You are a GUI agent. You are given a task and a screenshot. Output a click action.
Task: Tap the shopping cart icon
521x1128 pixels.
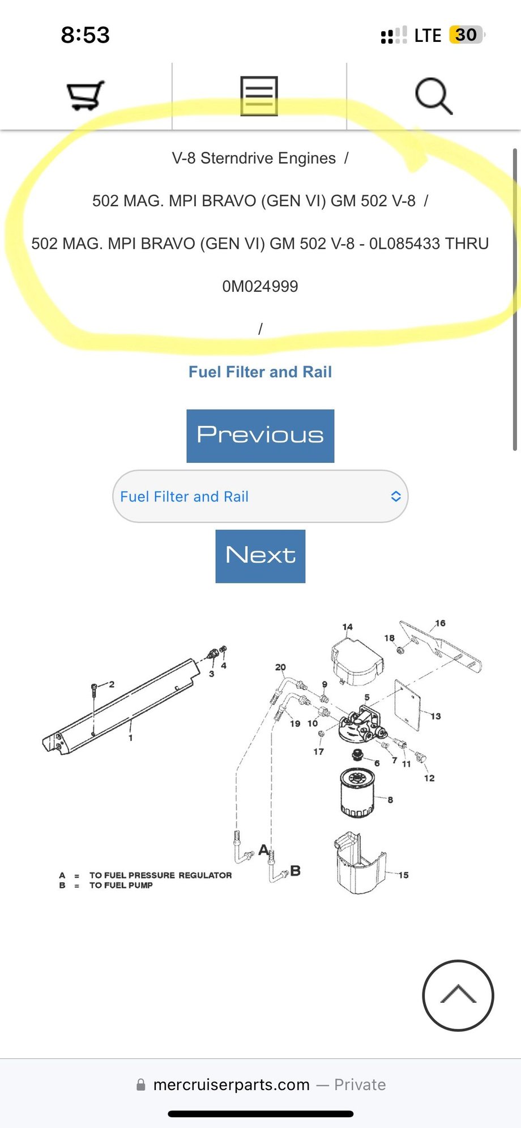[x=86, y=95]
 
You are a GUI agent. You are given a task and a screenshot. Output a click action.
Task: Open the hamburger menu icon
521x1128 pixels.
[x=259, y=96]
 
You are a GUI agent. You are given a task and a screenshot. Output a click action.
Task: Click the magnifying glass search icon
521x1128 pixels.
[x=434, y=96]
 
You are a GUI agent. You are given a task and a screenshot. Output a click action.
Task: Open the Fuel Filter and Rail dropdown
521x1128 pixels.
[x=260, y=496]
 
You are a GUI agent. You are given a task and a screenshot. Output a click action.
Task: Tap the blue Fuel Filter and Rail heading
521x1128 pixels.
[x=260, y=372]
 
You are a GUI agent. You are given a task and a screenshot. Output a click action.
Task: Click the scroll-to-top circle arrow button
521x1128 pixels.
[x=458, y=995]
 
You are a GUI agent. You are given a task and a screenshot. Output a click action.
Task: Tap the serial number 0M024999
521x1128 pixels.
[x=260, y=286]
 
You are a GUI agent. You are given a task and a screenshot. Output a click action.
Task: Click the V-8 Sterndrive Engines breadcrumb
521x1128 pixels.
[x=254, y=158]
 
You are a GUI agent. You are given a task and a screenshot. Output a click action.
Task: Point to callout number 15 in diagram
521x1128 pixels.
[x=403, y=875]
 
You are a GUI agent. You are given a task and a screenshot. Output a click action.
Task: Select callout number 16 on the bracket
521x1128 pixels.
[x=440, y=623]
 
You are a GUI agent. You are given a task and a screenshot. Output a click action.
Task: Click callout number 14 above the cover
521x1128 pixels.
[x=347, y=627]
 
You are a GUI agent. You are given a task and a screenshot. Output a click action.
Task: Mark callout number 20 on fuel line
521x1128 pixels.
[x=280, y=667]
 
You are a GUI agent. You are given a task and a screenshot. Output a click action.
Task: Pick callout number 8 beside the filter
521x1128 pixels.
[x=390, y=800]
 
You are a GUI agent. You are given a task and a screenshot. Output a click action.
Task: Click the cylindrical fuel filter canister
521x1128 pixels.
[x=357, y=792]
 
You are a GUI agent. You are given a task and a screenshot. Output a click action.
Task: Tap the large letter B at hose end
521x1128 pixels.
[x=295, y=871]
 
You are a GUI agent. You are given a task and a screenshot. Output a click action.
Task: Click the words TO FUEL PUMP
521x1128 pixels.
[x=121, y=886]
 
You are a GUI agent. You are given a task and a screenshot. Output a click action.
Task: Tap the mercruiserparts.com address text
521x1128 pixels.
[x=232, y=1084]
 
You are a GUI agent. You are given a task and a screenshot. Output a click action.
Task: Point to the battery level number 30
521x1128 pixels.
[x=466, y=35]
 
